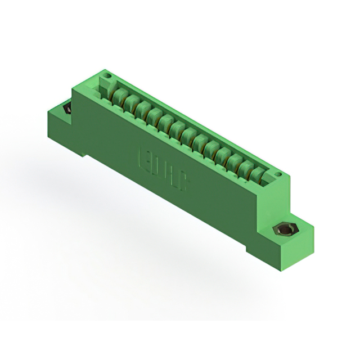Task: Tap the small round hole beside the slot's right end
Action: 278,175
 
